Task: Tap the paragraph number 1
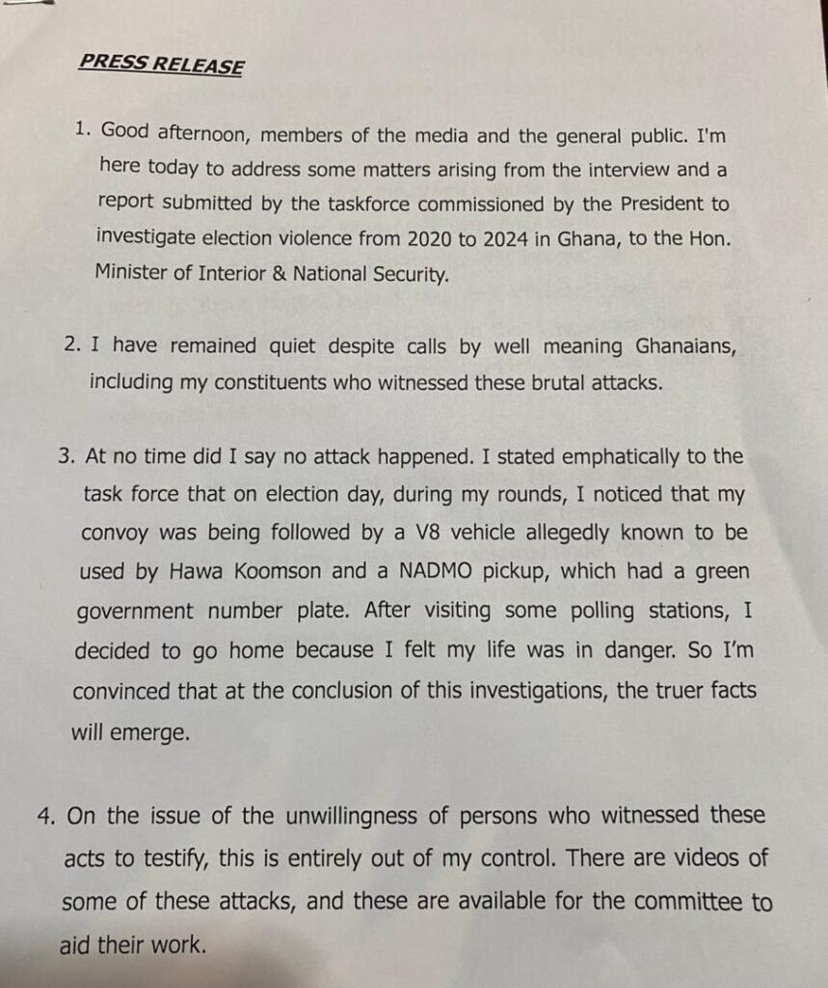82,128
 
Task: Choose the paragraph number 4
45,816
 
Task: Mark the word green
721,571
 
